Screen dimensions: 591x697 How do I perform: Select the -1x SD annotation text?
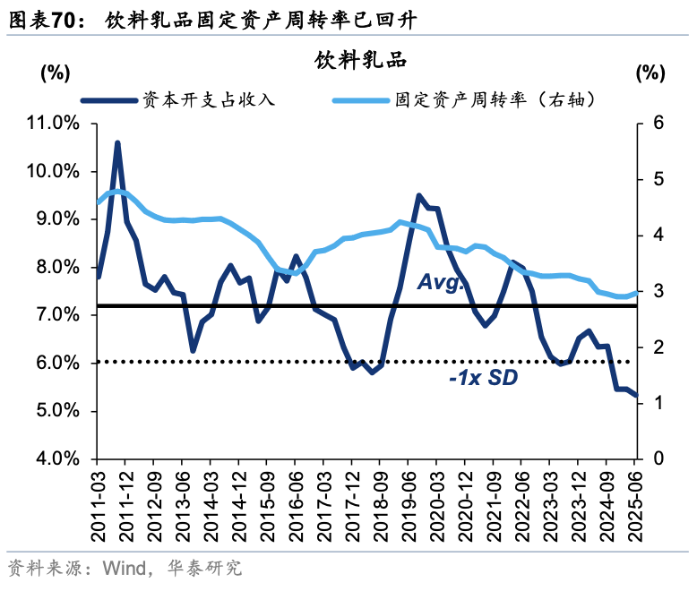click(483, 379)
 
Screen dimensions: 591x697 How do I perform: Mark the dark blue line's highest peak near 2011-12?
click(117, 142)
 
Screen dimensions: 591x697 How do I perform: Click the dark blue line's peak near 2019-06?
click(418, 195)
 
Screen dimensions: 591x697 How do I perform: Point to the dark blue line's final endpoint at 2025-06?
click(636, 395)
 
